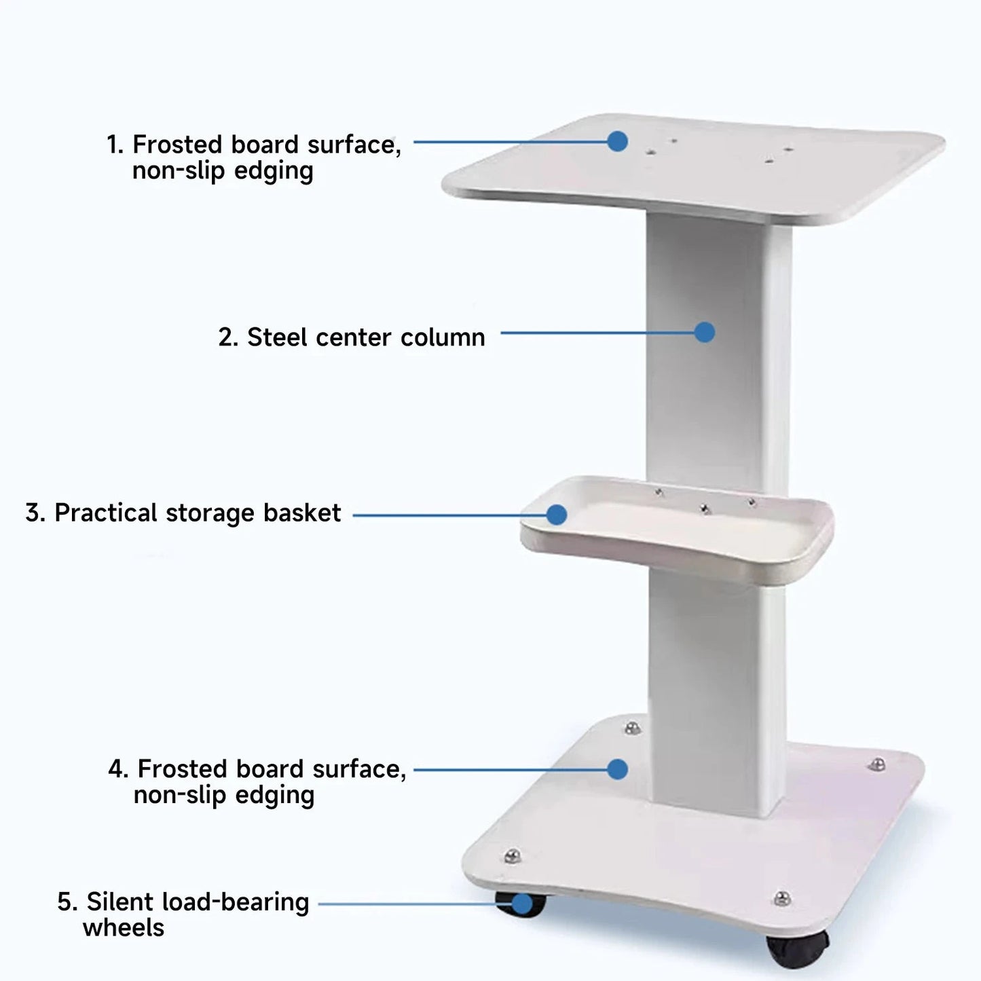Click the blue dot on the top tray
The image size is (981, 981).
(617, 141)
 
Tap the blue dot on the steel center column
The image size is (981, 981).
(705, 332)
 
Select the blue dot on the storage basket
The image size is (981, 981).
(557, 515)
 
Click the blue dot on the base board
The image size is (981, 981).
(617, 769)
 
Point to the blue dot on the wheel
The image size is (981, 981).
(521, 904)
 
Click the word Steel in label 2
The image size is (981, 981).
(277, 337)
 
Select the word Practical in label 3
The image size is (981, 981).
(106, 513)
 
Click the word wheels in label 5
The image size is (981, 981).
(124, 927)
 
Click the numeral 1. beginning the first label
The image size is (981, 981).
(115, 145)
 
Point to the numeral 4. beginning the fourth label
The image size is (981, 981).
(118, 769)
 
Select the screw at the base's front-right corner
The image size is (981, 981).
(782, 898)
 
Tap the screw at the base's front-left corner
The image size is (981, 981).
(513, 855)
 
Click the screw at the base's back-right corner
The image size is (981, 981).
(877, 765)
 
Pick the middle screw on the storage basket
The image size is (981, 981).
(705, 508)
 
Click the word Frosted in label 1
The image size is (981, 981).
(178, 145)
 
